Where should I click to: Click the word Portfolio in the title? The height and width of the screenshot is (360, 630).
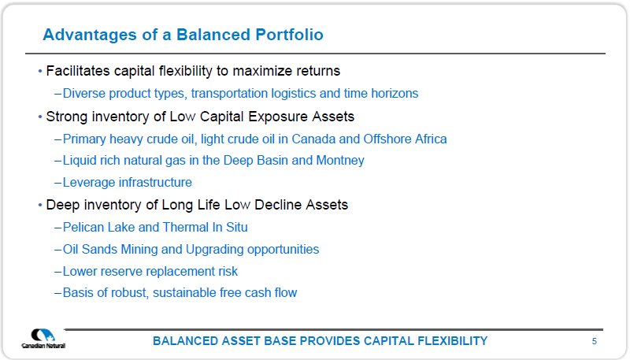point(289,35)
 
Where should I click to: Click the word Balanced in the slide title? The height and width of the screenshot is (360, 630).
point(213,35)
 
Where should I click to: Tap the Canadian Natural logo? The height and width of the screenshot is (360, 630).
point(43,339)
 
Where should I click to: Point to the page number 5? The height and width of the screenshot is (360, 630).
point(595,341)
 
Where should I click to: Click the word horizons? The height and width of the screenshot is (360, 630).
point(395,93)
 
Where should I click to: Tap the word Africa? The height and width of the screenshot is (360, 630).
point(431,139)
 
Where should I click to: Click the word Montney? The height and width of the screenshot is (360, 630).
point(340,161)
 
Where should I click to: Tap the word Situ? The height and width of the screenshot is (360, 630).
point(237,228)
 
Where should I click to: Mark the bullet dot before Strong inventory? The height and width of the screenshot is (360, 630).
point(40,117)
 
